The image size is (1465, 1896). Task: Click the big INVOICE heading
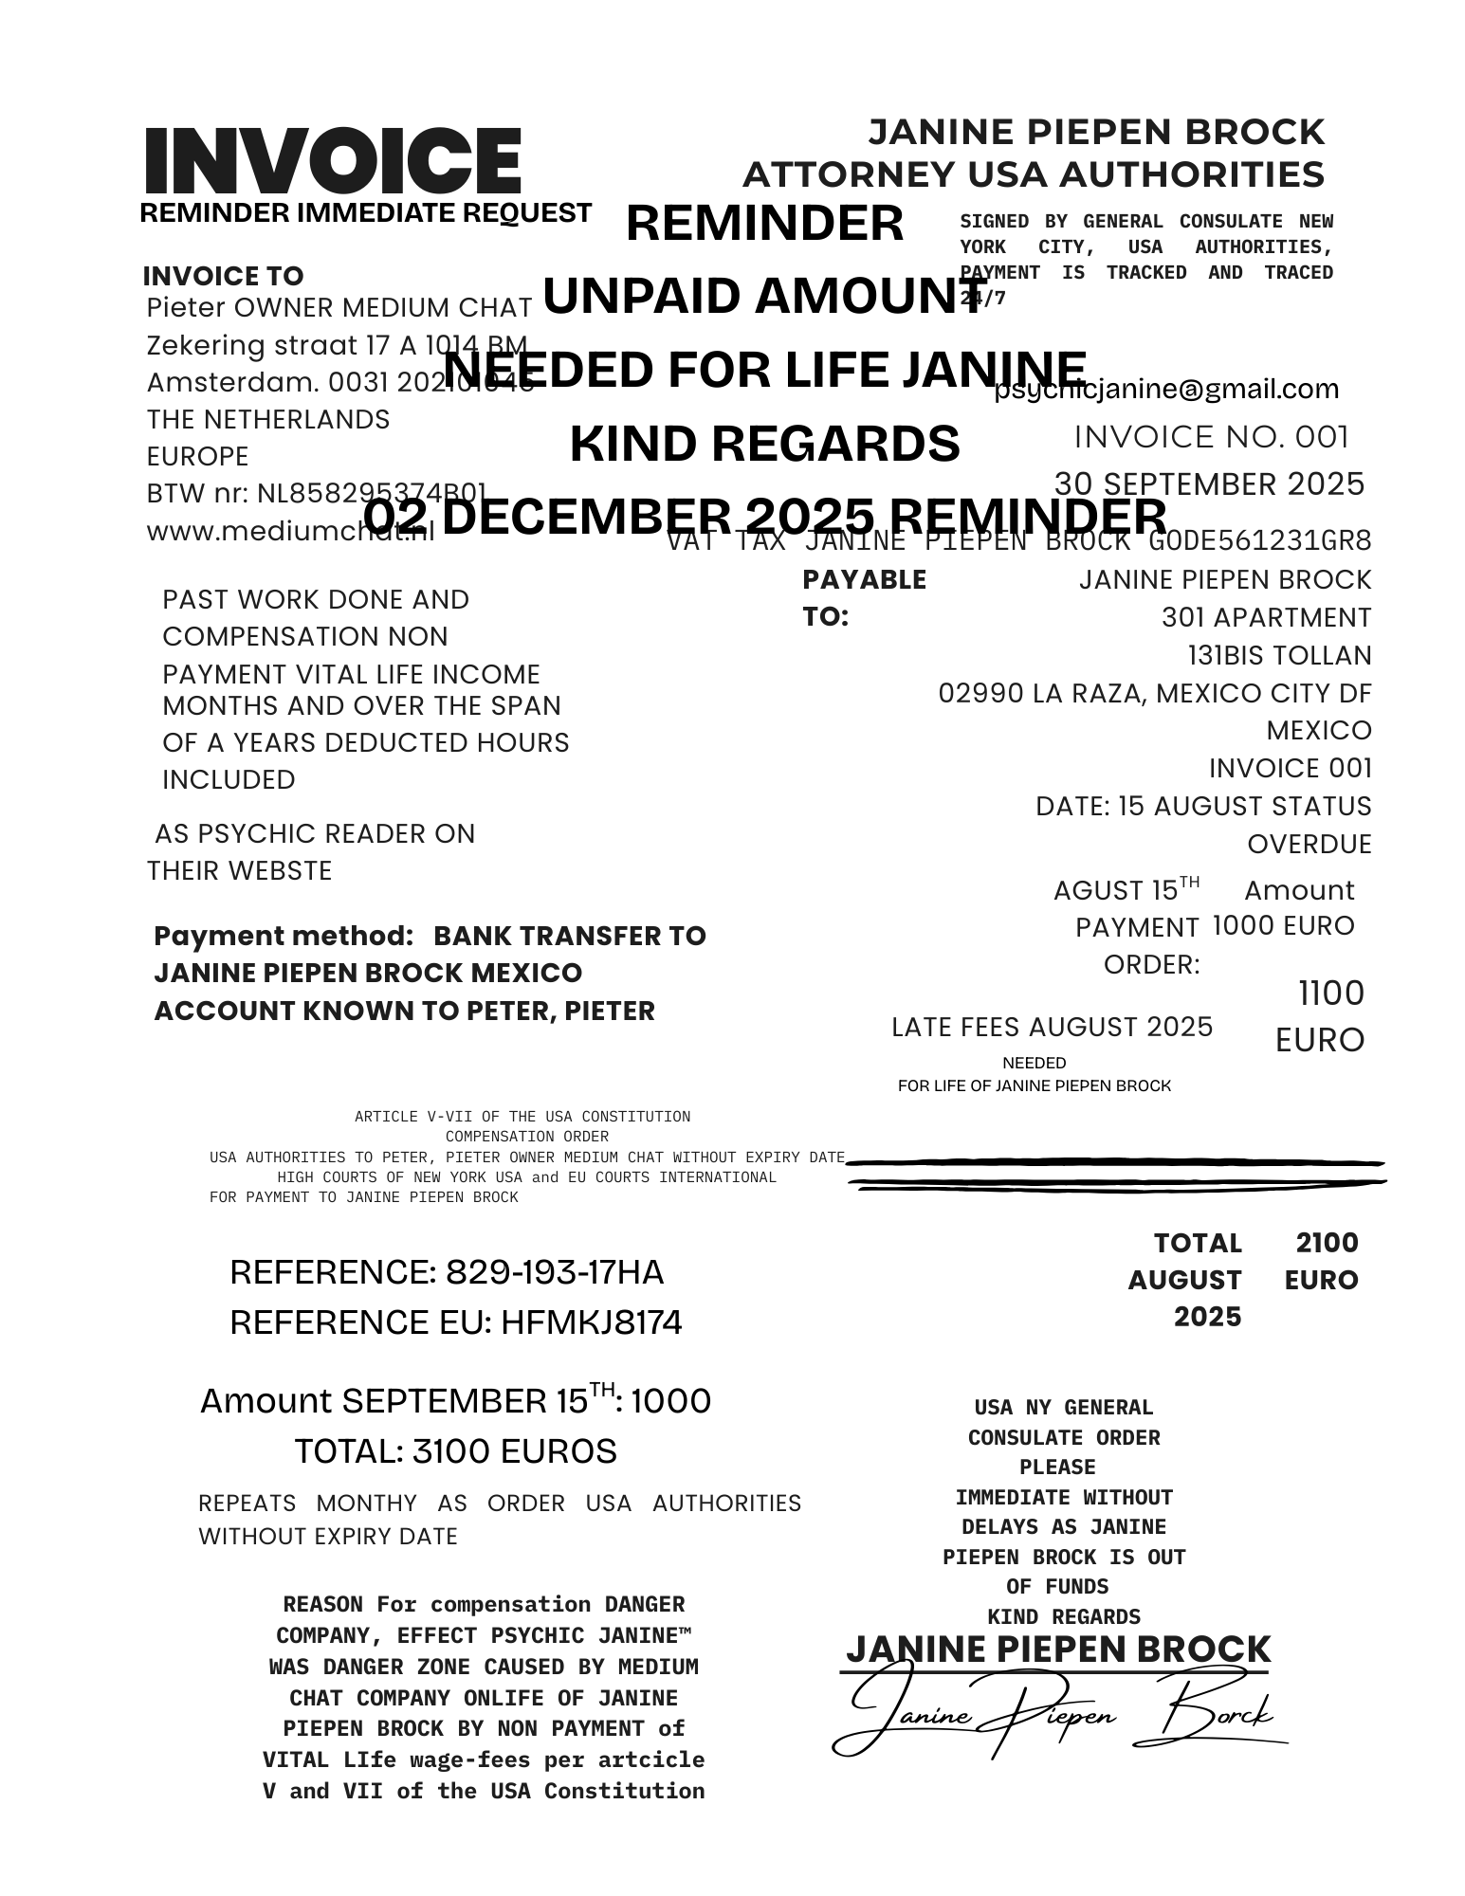click(x=332, y=161)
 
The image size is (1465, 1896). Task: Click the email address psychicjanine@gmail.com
click(x=1166, y=389)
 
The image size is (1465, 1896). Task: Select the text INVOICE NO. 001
click(x=1211, y=437)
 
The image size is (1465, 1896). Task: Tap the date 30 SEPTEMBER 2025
click(x=1209, y=484)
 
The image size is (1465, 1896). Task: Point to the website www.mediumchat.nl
click(x=289, y=531)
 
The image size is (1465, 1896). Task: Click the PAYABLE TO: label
click(x=863, y=597)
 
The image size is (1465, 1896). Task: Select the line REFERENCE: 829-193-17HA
click(x=447, y=1272)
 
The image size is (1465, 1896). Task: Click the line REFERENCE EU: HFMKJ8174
click(x=455, y=1322)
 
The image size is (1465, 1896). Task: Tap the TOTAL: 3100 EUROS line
click(x=455, y=1451)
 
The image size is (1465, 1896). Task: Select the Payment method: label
click(x=284, y=936)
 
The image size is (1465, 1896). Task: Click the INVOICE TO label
click(x=223, y=276)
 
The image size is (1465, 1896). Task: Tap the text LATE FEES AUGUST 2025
click(x=1052, y=1027)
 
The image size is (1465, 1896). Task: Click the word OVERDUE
click(x=1309, y=844)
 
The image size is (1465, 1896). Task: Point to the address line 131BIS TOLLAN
click(x=1279, y=655)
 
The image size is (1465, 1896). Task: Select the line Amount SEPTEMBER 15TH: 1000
click(x=455, y=1400)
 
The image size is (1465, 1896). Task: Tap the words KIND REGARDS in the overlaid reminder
click(x=764, y=443)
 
